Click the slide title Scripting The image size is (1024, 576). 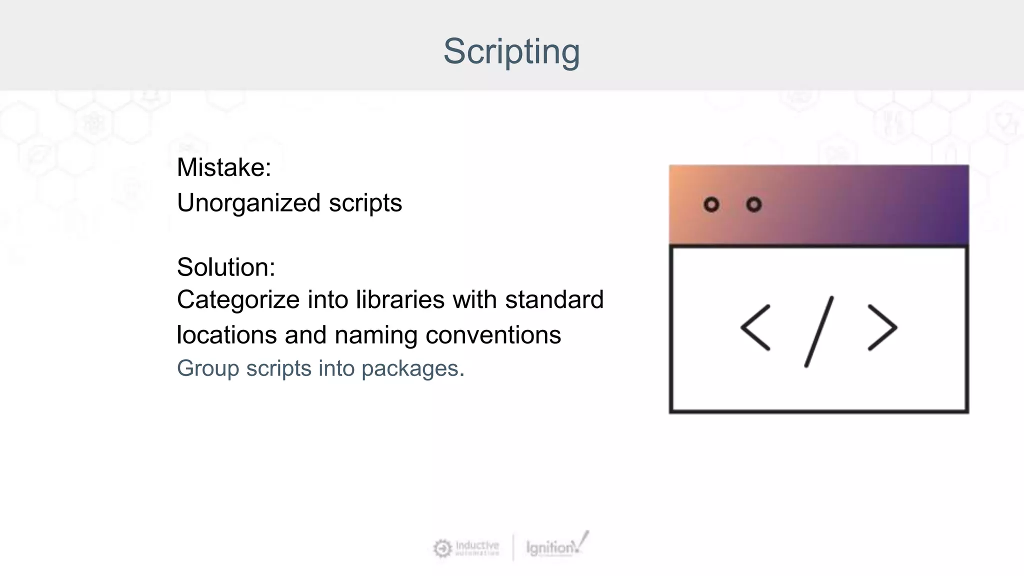(x=511, y=51)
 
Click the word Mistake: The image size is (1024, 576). (x=223, y=167)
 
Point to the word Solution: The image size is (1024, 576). (x=225, y=267)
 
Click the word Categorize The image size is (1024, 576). (x=238, y=300)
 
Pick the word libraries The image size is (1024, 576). (x=400, y=300)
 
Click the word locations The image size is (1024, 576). (x=226, y=334)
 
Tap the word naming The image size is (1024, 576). (x=375, y=335)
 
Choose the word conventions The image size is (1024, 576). (x=493, y=334)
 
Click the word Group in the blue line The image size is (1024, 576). (x=207, y=368)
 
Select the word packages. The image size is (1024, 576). (x=412, y=369)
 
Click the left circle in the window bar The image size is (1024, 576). (x=711, y=204)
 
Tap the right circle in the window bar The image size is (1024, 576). (x=753, y=204)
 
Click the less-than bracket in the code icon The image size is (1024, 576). (x=755, y=327)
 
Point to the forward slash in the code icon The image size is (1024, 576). (x=818, y=331)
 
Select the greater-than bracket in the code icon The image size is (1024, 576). (x=882, y=327)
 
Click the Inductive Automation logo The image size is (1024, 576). (x=466, y=548)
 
